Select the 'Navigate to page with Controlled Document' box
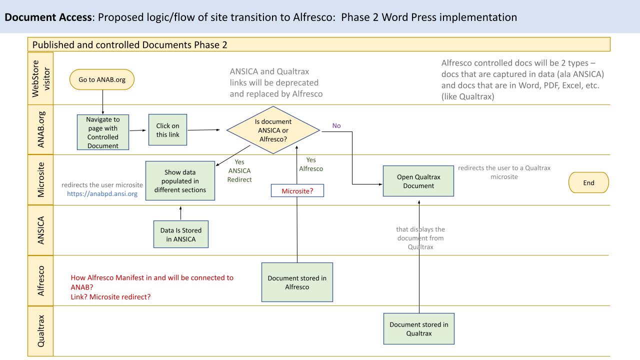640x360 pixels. pos(102,132)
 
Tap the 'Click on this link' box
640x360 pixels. pos(167,130)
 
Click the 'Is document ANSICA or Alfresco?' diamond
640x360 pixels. pos(273,130)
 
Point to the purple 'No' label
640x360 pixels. pos(336,126)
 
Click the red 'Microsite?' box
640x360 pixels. pos(297,190)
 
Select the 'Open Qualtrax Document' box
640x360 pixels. pos(419,181)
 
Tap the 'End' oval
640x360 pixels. pos(588,183)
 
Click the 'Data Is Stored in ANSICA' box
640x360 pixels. pos(180,234)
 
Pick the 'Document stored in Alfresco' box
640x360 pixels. pos(297,282)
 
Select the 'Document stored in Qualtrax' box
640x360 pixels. pos(419,328)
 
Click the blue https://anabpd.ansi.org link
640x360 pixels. pos(102,194)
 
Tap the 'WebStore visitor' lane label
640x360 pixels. pos(40,79)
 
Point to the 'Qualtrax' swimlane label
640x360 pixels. pos(40,330)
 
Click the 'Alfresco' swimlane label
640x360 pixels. pos(40,280)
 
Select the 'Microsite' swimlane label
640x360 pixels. pos(40,180)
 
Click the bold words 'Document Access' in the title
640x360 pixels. pos(40,17)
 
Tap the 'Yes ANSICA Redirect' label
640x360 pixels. pos(239,170)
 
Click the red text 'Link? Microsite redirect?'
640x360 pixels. pos(111,297)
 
